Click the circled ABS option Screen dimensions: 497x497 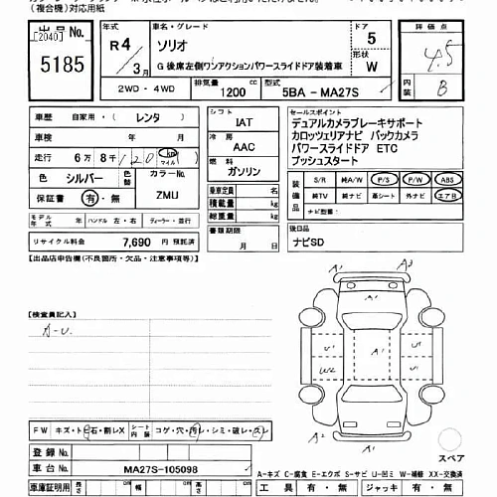click(x=449, y=180)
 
